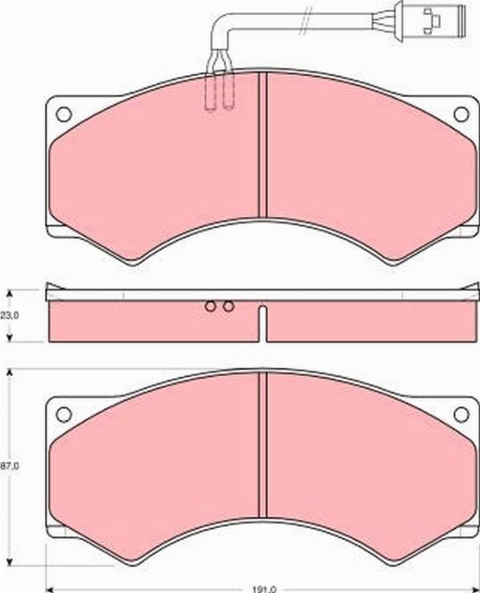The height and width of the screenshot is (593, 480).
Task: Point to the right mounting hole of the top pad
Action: (461, 114)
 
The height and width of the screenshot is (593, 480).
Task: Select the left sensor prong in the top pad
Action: (212, 88)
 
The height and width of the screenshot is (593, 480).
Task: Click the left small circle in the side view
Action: (210, 306)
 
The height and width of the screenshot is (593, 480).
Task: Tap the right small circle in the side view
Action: (228, 306)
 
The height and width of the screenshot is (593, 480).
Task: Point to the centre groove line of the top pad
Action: (262, 144)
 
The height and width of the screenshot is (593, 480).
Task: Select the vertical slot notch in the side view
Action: (262, 324)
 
